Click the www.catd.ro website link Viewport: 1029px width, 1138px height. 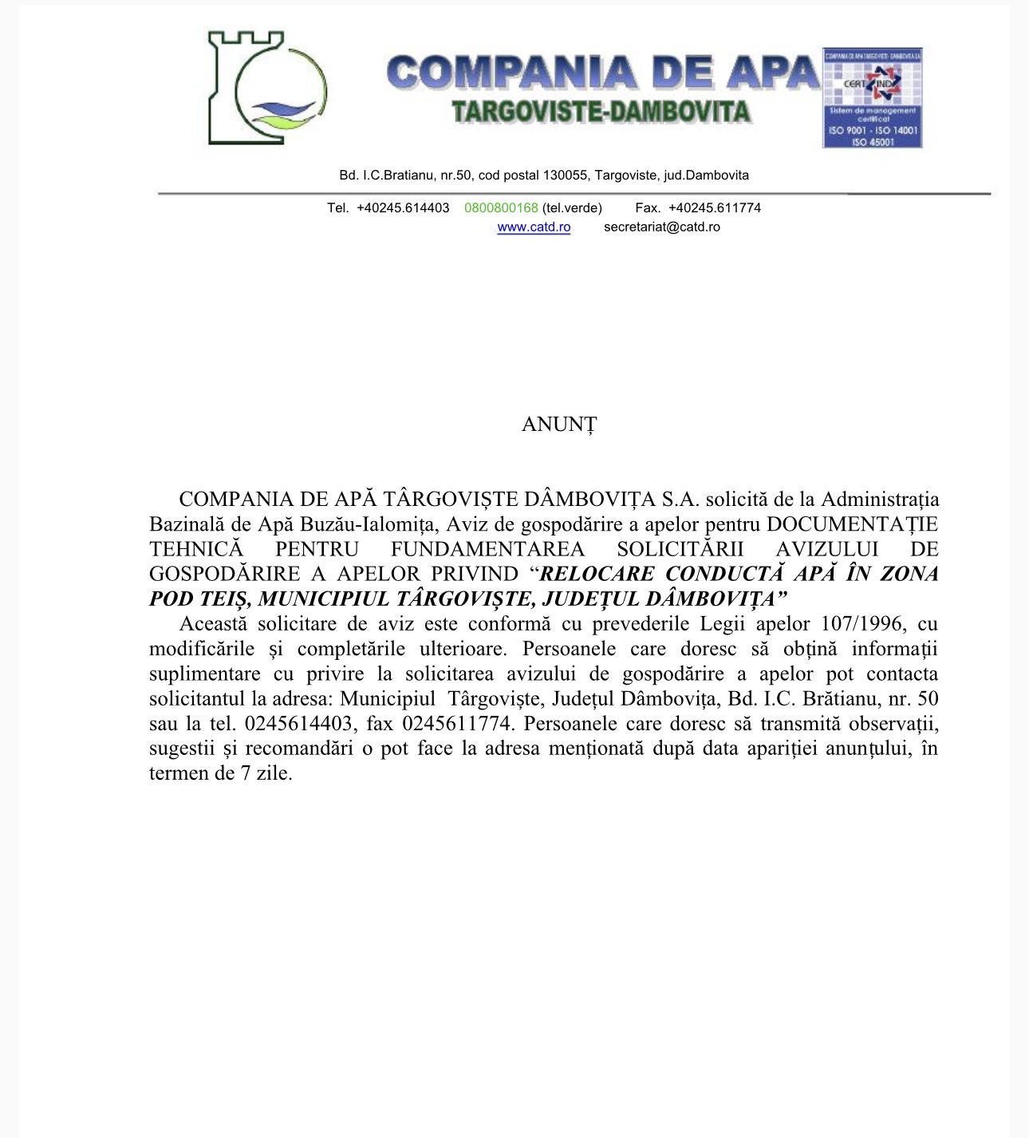[534, 227]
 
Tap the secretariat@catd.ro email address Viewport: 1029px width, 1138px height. [661, 227]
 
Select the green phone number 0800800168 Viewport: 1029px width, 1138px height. [501, 208]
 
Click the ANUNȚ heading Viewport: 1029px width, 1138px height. [558, 425]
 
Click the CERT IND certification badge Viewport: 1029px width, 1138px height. [872, 97]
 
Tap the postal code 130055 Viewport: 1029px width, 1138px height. [565, 176]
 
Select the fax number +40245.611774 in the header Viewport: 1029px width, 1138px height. [714, 208]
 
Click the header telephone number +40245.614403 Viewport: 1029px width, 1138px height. [403, 208]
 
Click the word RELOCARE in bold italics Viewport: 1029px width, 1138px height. [597, 575]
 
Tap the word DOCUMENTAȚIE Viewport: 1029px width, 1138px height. [852, 525]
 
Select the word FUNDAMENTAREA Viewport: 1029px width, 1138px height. [487, 550]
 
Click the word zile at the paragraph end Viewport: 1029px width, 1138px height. [274, 774]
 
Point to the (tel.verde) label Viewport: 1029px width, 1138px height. [572, 208]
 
